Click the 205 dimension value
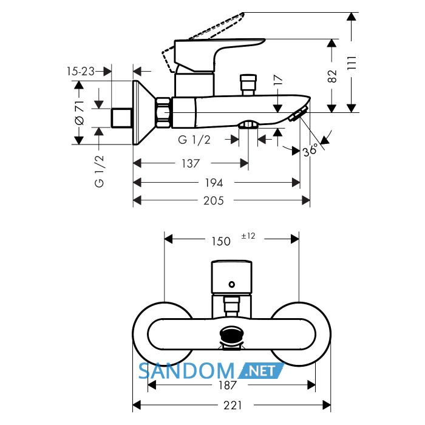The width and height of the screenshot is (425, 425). [214, 200]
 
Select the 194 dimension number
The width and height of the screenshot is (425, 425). [214, 183]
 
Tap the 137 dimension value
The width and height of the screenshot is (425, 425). [191, 163]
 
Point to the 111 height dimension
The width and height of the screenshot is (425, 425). [352, 63]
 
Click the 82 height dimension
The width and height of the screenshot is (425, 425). [332, 76]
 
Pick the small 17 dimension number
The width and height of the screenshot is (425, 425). [278, 80]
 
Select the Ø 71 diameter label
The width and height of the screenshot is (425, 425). [80, 112]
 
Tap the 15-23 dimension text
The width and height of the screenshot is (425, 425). [81, 71]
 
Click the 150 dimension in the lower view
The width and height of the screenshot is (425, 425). [221, 241]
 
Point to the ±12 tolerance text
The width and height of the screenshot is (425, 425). [248, 236]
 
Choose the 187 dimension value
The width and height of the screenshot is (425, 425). [228, 385]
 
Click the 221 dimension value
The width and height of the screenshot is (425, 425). [233, 406]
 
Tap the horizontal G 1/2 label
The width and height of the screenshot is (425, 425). [194, 140]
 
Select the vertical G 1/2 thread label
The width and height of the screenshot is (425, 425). [100, 171]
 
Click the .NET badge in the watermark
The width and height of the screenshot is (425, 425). [260, 371]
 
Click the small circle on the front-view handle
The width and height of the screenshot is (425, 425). [232, 284]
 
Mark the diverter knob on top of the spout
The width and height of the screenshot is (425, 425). [248, 84]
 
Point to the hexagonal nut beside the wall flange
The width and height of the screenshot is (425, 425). [163, 112]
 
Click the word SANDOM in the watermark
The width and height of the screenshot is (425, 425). [186, 371]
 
